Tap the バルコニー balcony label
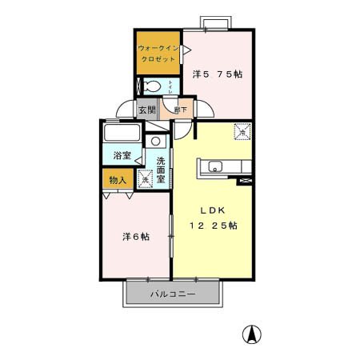173,294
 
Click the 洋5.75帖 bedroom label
218,74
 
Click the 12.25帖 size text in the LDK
213,225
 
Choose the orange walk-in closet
158,53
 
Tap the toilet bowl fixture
151,87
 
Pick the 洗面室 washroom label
161,171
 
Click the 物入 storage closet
117,181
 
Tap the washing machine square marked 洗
145,178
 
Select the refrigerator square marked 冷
241,132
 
